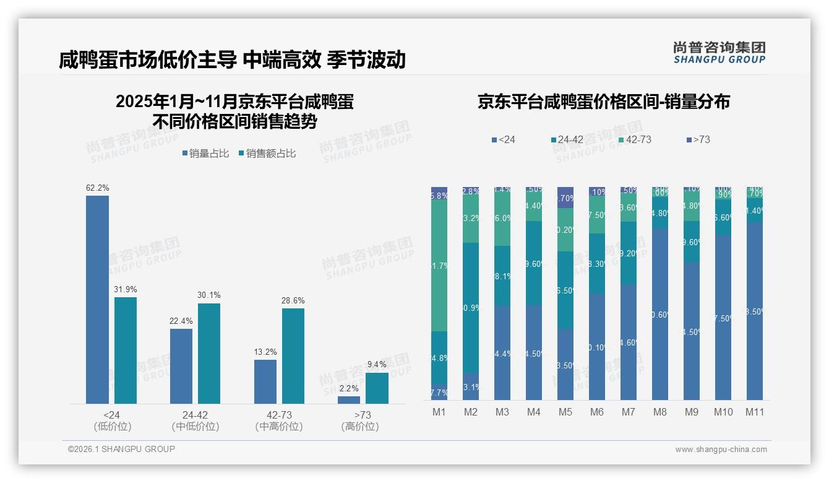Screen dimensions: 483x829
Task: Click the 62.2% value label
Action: [97, 188]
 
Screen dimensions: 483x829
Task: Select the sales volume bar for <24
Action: [97, 300]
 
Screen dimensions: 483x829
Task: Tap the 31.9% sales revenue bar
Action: [126, 350]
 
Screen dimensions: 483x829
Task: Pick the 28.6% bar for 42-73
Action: [293, 356]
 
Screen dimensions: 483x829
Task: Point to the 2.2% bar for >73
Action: [349, 400]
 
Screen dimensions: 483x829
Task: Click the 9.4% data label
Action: [377, 365]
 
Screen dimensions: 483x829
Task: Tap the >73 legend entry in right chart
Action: [698, 140]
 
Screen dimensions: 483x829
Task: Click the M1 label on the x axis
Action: [439, 412]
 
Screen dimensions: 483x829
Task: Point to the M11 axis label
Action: [754, 412]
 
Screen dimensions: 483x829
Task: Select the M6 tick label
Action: [597, 412]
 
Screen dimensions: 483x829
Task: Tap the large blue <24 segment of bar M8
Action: [660, 315]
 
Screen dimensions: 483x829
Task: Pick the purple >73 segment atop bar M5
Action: [565, 198]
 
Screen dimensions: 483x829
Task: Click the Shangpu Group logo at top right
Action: [719, 52]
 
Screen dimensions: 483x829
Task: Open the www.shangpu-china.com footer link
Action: [721, 450]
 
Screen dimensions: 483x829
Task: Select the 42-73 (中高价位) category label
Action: [278, 420]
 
